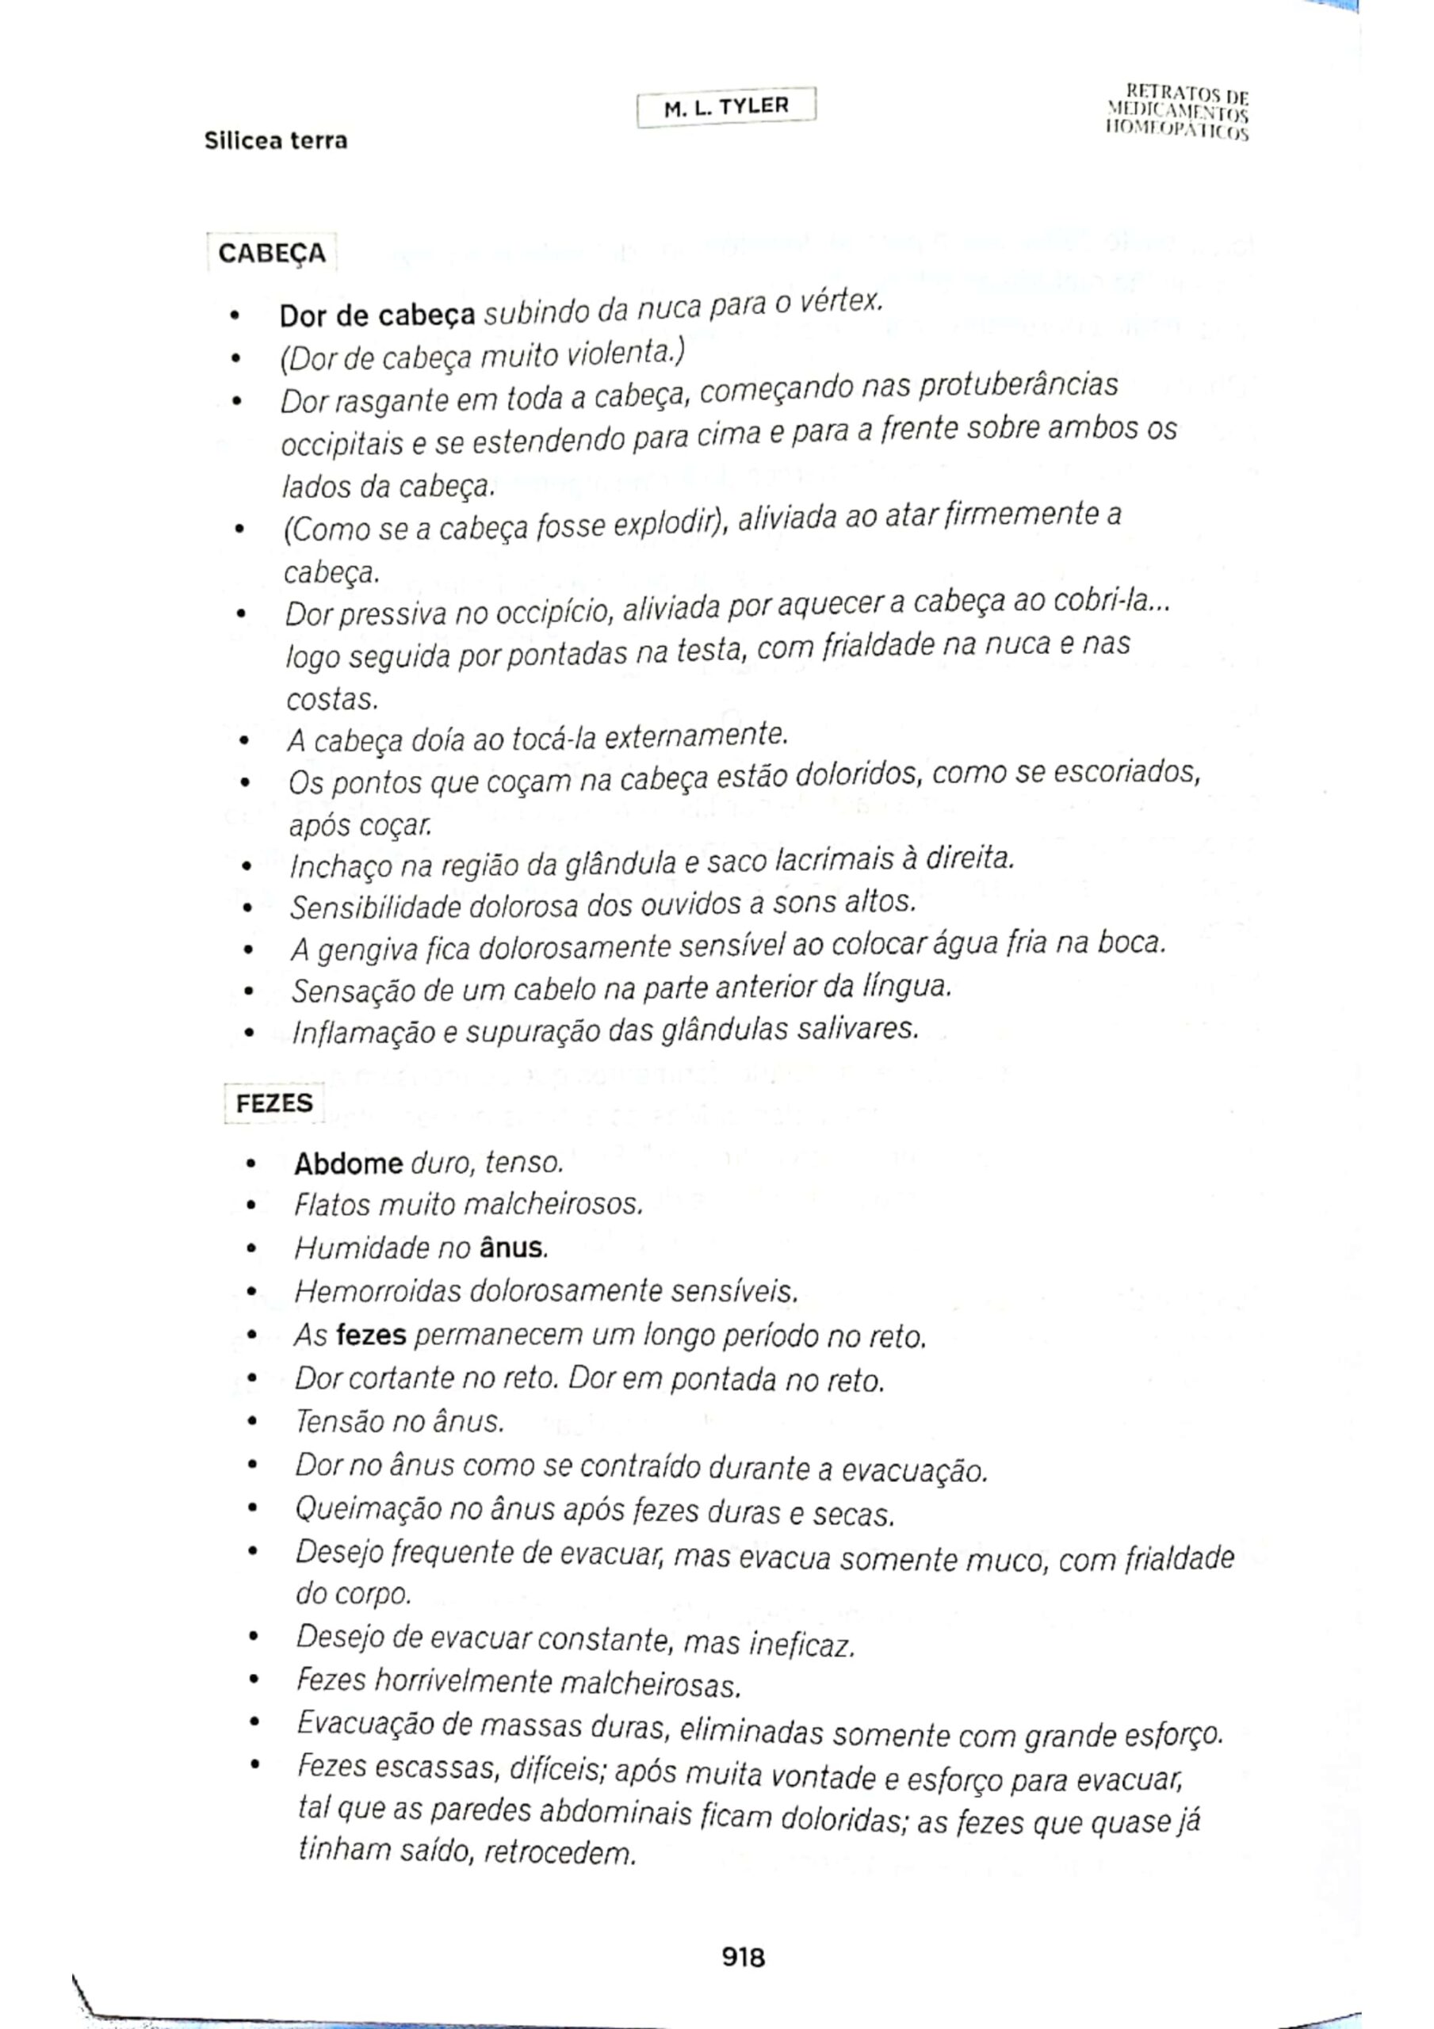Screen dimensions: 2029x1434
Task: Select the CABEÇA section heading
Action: pos(271,254)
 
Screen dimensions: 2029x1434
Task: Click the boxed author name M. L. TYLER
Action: pos(726,107)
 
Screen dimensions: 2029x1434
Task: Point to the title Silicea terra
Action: pos(276,140)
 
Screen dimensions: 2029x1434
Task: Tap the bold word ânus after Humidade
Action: pos(513,1248)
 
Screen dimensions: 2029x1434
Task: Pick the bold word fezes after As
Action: pos(371,1335)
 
